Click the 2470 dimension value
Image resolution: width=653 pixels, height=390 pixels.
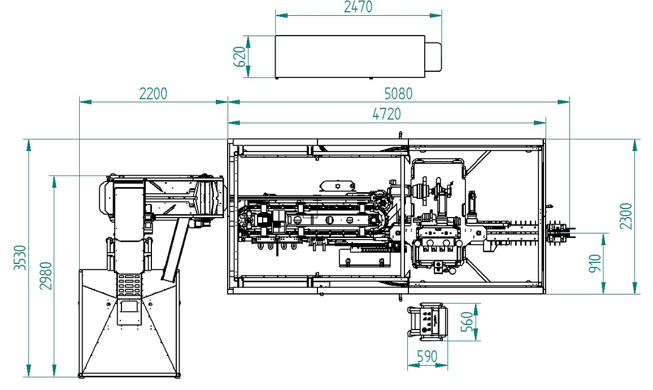coord(358,7)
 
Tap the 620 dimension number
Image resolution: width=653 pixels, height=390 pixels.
coord(240,57)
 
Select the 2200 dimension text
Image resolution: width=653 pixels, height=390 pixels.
coord(153,93)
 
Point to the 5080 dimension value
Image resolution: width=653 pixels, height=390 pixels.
coord(398,93)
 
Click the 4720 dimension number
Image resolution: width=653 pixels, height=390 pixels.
coord(387,114)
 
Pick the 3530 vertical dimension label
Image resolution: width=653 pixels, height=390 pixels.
coord(20,258)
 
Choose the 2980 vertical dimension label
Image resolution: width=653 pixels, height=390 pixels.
coord(46,276)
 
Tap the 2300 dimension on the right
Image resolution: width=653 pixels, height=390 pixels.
coord(626,216)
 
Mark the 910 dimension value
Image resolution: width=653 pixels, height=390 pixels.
coord(595,263)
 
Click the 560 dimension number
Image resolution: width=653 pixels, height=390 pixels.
coord(467,322)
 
